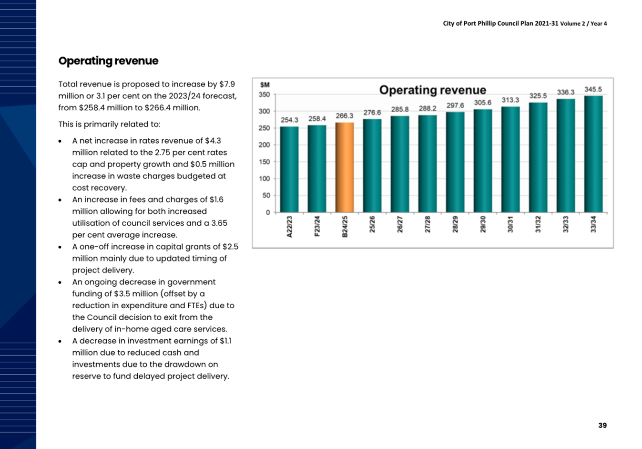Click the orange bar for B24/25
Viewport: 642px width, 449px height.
345,167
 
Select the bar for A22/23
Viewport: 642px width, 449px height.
289,169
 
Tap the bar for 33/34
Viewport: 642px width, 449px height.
593,154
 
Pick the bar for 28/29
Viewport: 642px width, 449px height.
455,162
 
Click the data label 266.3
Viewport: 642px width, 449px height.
345,116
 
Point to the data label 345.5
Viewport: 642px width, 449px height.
593,89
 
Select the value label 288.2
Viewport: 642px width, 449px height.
428,108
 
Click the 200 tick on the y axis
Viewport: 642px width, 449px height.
264,145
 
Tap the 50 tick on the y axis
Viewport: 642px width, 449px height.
266,196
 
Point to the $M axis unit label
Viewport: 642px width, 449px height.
265,85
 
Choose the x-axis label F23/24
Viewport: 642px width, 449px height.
317,226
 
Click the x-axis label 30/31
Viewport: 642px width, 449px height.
510,224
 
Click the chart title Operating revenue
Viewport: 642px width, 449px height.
433,90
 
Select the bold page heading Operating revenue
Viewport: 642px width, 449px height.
108,61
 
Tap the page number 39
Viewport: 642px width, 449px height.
602,425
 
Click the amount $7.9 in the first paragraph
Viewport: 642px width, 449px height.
227,84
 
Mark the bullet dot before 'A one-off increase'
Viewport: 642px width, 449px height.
60,247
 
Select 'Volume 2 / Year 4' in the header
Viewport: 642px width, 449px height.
583,23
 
